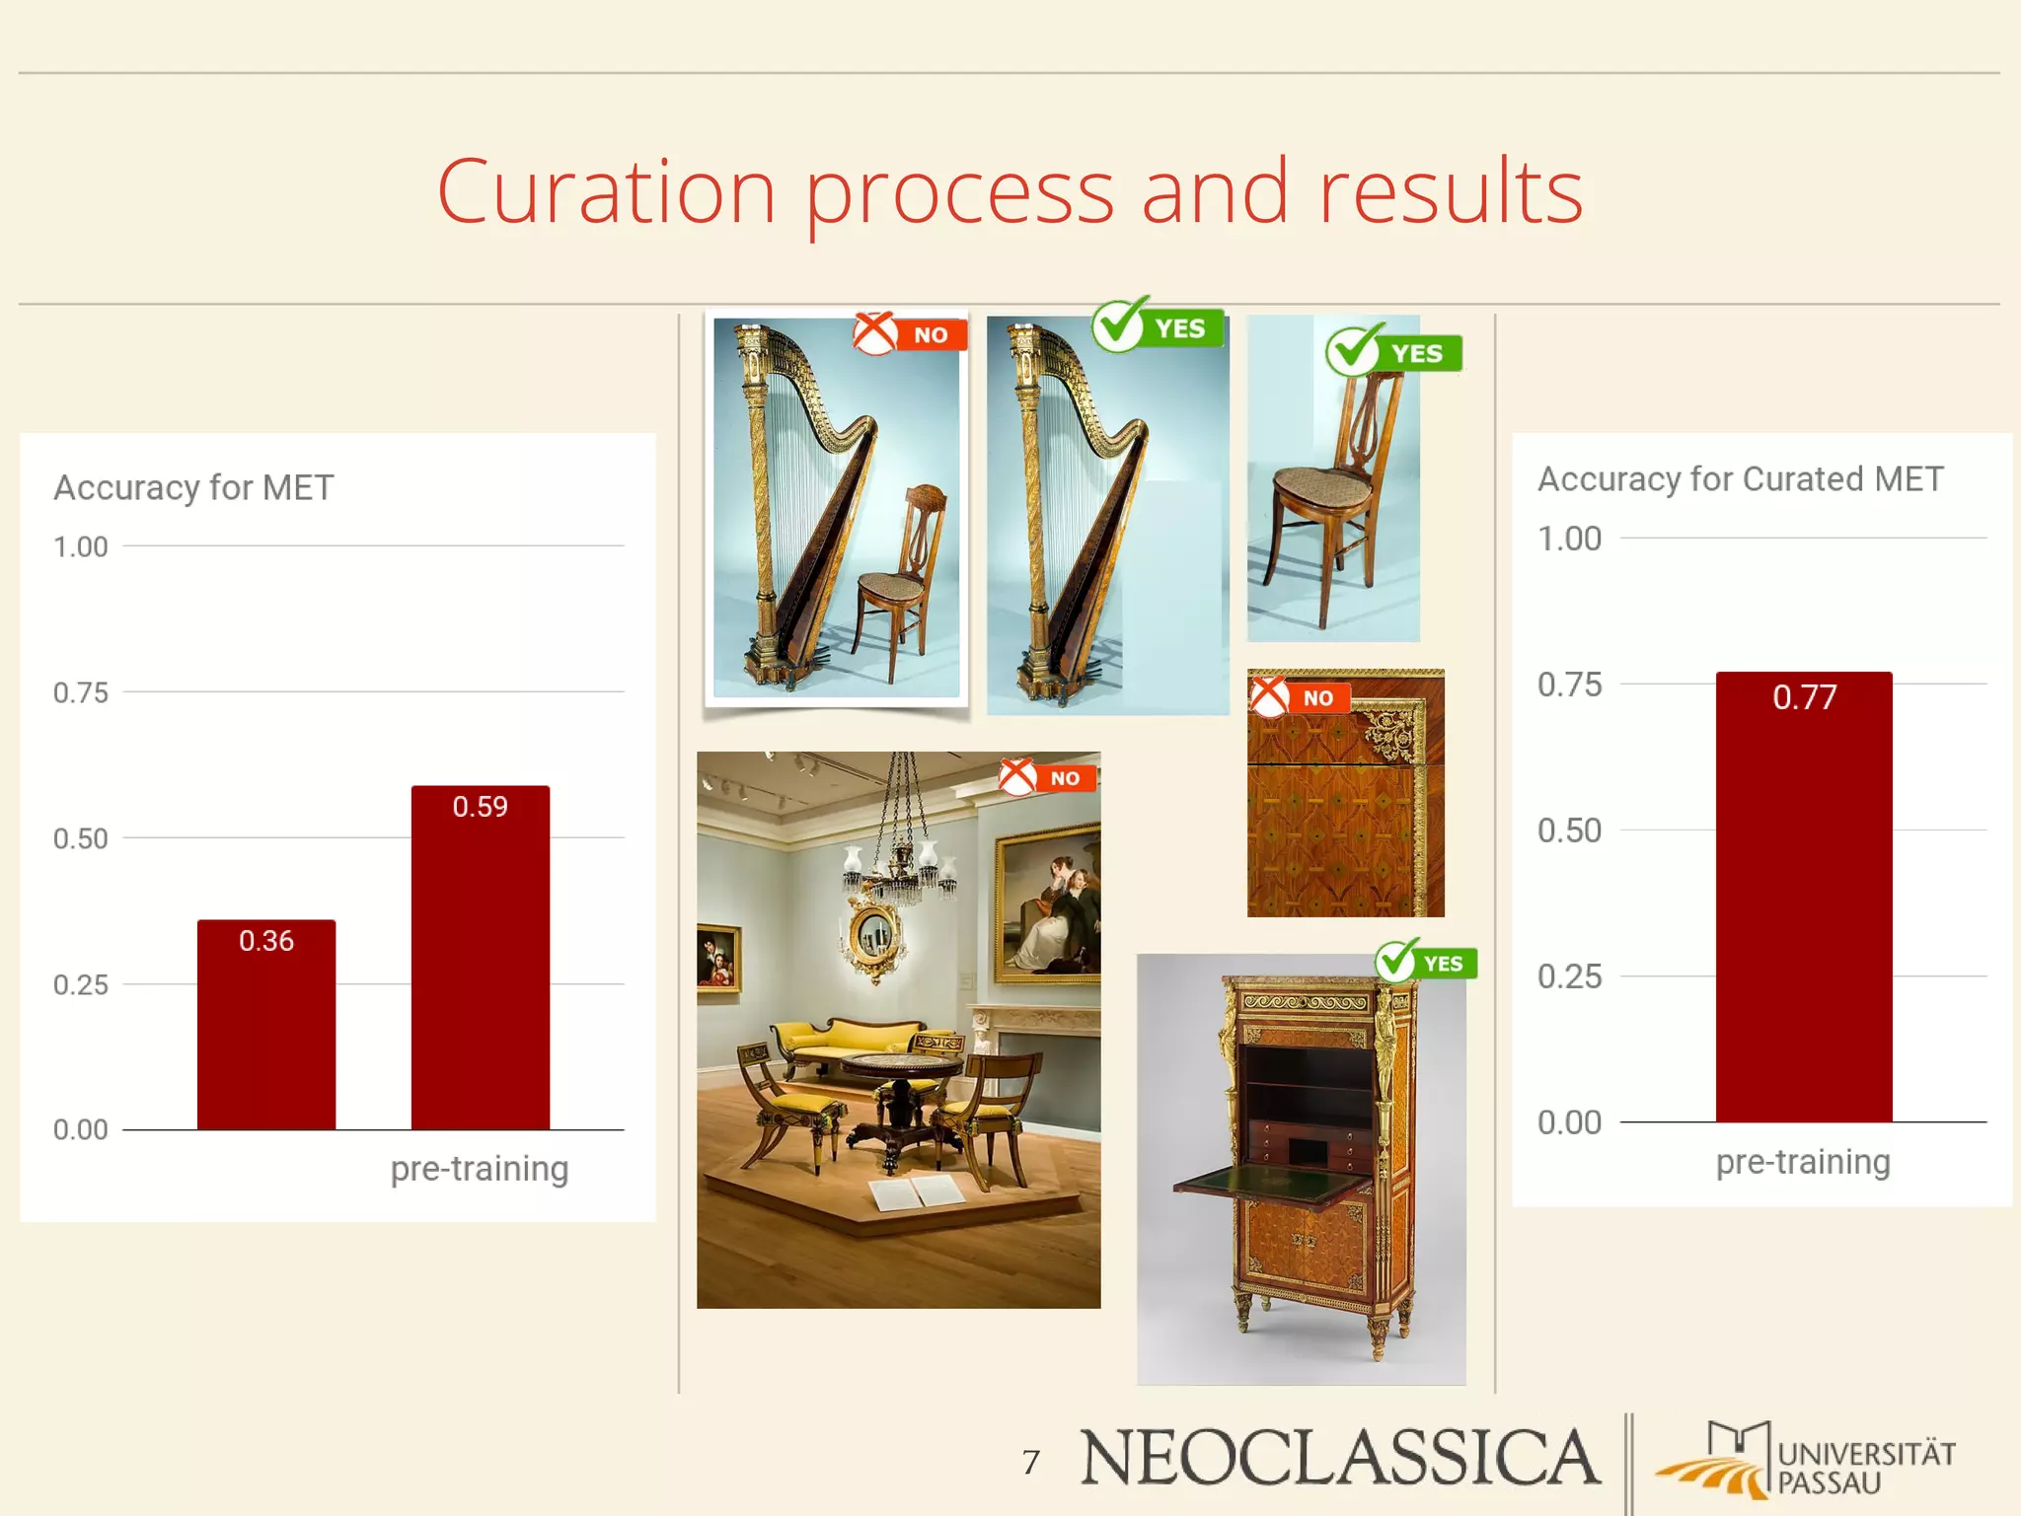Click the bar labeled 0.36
[266, 1026]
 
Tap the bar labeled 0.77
[1803, 898]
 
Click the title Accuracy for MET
[193, 487]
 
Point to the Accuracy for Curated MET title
[1740, 479]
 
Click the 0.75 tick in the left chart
[81, 692]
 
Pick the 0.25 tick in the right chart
[1569, 976]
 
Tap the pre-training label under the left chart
[479, 1169]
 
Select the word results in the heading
[1451, 191]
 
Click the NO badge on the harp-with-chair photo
[909, 334]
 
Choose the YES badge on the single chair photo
[1393, 352]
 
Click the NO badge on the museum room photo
[1047, 777]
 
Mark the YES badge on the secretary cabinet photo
[1426, 962]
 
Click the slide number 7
[1031, 1461]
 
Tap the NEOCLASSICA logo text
[1339, 1458]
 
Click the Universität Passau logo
[1806, 1461]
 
